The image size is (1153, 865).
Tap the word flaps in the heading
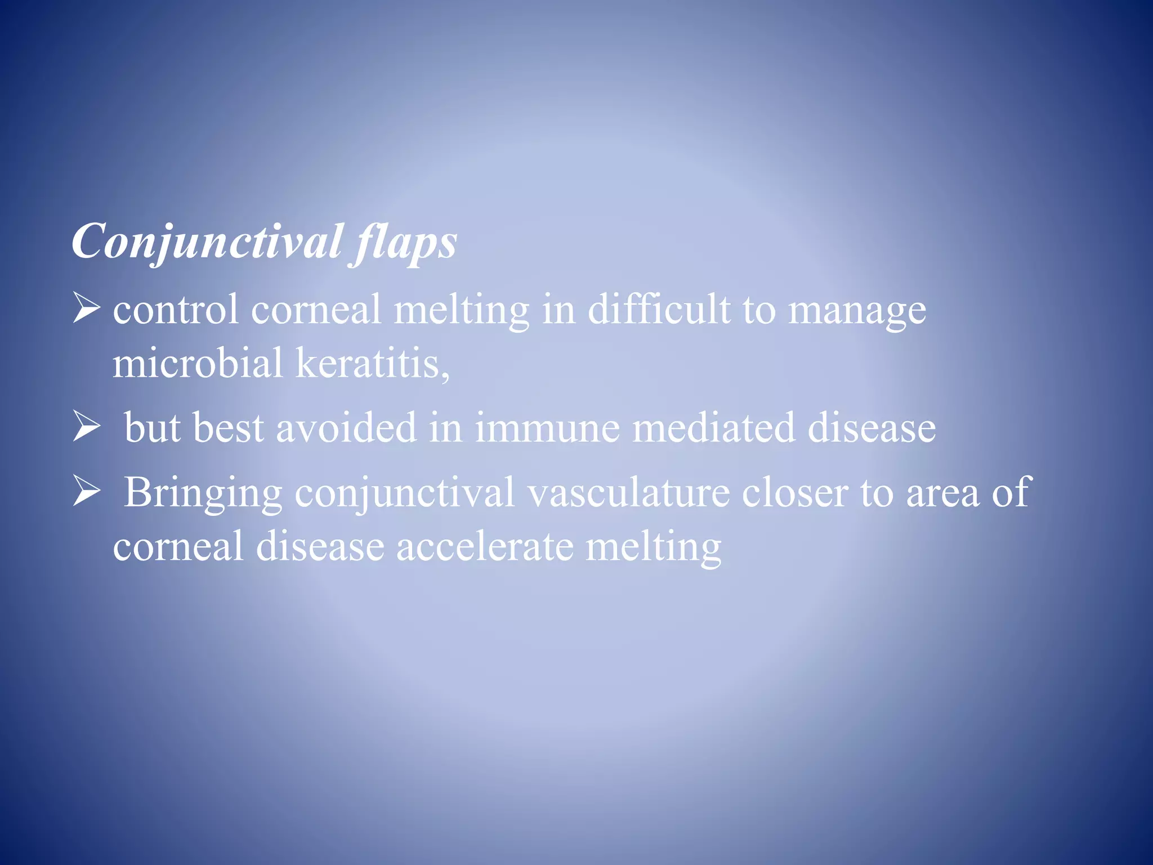click(404, 242)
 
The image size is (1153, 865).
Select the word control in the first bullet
click(176, 310)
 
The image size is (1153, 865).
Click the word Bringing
click(203, 493)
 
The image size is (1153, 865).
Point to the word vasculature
click(628, 493)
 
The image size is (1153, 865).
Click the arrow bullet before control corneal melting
click(86, 310)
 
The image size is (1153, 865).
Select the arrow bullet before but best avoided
click(86, 428)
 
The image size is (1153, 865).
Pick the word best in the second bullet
click(228, 427)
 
